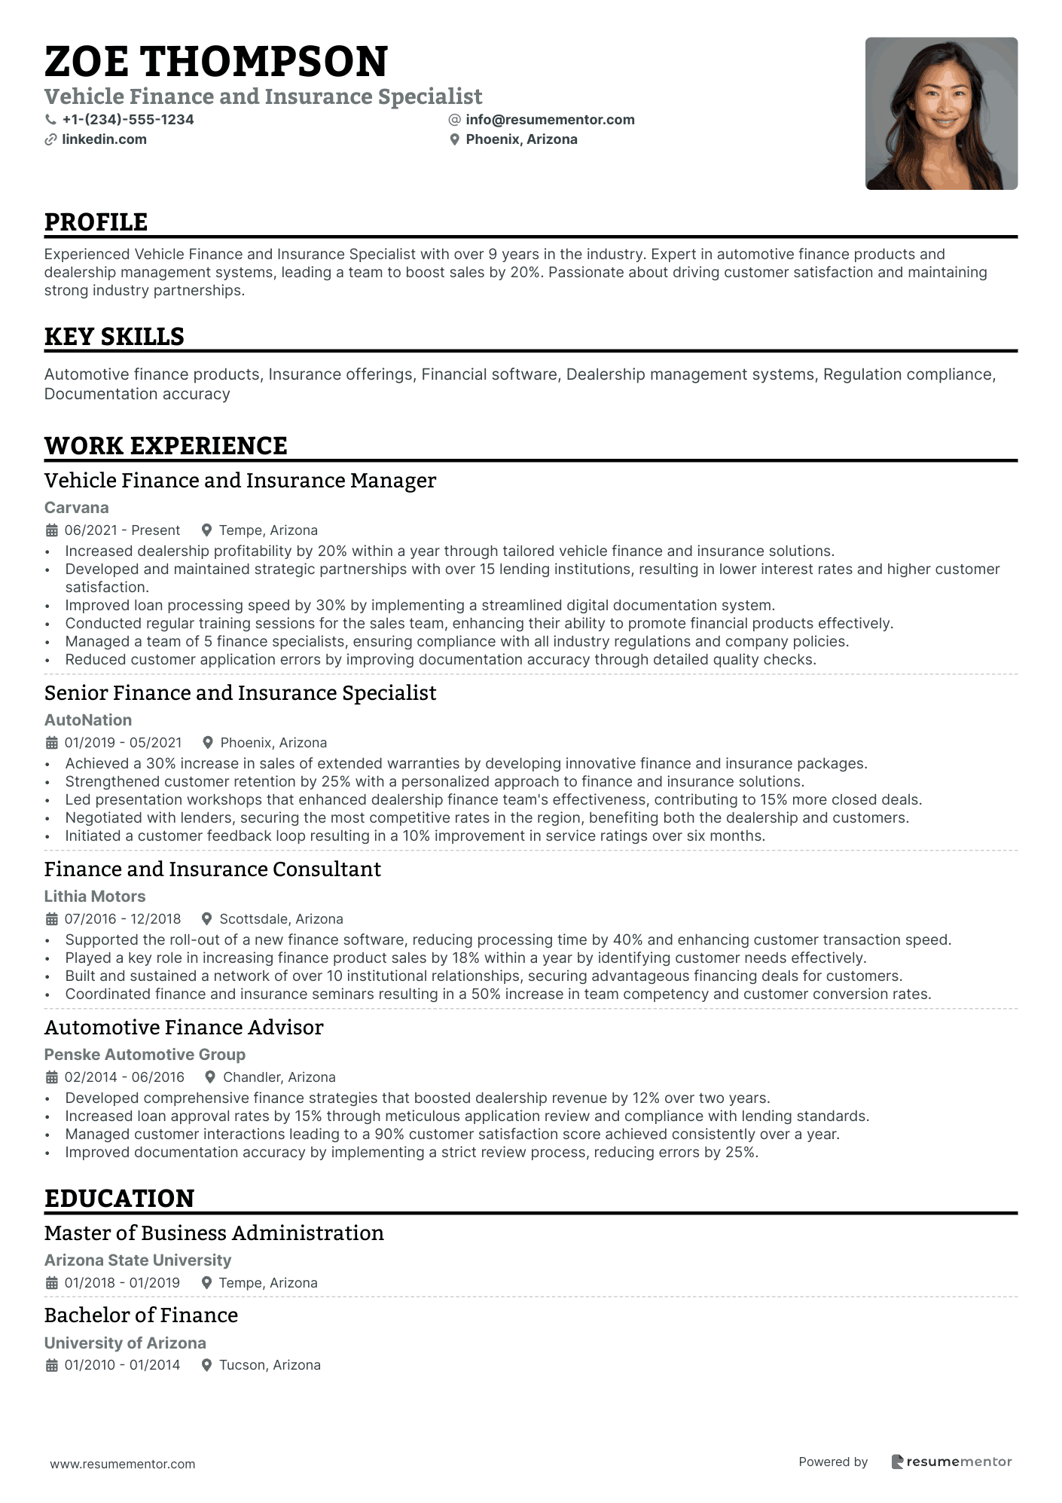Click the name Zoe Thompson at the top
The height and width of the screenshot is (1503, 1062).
coord(216,62)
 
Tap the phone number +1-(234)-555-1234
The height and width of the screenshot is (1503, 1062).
coord(127,120)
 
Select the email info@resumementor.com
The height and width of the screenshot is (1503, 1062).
coord(550,120)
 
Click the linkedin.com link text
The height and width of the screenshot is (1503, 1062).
coord(104,139)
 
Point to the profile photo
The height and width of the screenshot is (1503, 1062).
coord(941,114)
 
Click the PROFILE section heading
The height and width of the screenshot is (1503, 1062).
coord(96,222)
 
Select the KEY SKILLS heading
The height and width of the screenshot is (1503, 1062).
coord(114,337)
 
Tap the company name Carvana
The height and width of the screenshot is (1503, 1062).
coord(76,508)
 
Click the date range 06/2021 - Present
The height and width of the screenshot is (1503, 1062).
coord(122,530)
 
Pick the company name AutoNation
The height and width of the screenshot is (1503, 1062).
coord(87,720)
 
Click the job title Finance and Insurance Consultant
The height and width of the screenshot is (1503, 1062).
coord(212,869)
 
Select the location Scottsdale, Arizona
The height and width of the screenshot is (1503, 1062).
coord(281,919)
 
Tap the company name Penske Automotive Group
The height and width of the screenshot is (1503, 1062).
coord(145,1055)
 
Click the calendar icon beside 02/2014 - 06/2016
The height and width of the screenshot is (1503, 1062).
coord(52,1077)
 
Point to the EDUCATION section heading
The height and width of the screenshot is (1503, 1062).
coord(119,1199)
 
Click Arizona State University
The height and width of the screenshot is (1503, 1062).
coord(137,1260)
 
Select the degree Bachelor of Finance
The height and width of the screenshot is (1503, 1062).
coord(141,1315)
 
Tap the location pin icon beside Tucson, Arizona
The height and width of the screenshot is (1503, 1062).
coord(206,1365)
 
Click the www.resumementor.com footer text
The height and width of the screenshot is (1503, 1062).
coord(123,1464)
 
